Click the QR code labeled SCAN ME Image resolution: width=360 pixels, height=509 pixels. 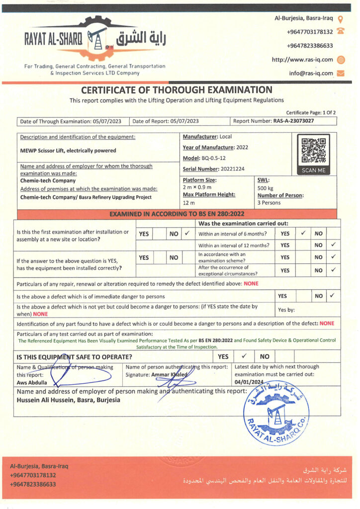[313, 151]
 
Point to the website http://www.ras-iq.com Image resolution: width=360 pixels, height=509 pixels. [302, 60]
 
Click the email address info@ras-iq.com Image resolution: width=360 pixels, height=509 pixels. [311, 73]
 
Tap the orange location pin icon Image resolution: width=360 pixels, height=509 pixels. [341, 19]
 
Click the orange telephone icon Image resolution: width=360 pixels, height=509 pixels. [341, 31]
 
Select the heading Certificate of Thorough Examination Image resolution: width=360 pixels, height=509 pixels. [177, 90]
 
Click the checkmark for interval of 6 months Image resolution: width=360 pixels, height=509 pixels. [302, 233]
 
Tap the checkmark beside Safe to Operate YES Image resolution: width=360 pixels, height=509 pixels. [244, 356]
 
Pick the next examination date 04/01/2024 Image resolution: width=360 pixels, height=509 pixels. [249, 382]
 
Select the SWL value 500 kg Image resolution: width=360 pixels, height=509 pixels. [266, 188]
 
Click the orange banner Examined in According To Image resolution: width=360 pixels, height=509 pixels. [177, 214]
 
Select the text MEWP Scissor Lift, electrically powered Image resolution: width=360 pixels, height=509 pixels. [68, 150]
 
